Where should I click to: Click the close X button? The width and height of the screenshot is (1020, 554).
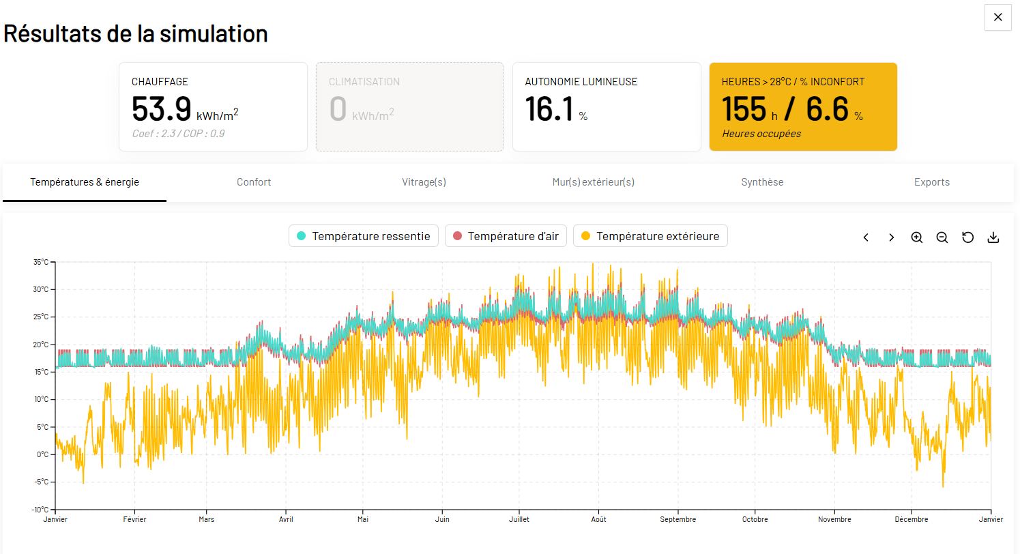point(997,17)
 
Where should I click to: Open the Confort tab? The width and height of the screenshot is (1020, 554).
point(254,182)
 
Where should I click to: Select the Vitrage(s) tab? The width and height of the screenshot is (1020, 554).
point(424,182)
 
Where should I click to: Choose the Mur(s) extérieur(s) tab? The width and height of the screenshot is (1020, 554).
point(594,182)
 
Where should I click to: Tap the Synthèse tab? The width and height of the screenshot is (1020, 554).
point(762,182)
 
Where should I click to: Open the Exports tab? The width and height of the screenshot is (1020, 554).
point(932,182)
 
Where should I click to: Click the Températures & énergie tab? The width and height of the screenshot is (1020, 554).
point(85,182)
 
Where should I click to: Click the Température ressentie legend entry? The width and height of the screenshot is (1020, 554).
point(364,236)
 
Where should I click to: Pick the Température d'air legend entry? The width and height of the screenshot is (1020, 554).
point(506,236)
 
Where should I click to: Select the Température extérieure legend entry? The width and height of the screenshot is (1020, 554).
point(650,236)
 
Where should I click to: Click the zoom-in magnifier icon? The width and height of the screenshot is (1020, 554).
point(916,237)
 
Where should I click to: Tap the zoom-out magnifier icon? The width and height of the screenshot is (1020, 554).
point(942,237)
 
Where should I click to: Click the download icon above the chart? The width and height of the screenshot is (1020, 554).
point(993,237)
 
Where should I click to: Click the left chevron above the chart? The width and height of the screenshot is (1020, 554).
point(866,237)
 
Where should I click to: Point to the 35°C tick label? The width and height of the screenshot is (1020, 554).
point(40,262)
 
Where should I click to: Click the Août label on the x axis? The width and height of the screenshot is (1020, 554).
point(598,519)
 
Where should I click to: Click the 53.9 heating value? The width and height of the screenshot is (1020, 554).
point(161,108)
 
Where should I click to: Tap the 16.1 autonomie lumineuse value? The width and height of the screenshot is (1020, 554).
point(549,108)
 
